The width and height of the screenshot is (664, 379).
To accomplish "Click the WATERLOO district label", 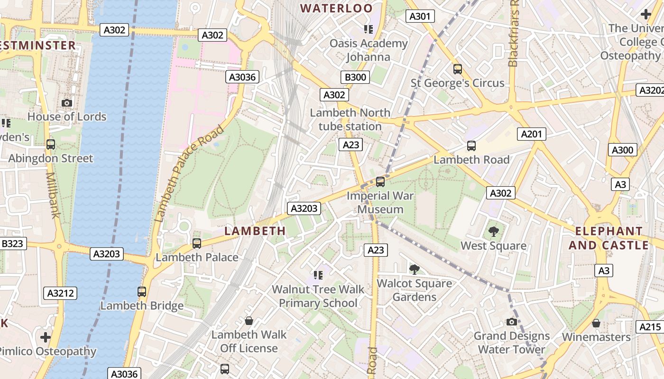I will click(337, 8).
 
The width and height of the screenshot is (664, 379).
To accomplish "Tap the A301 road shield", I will click(420, 17).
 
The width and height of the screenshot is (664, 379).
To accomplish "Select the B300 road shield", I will click(355, 77).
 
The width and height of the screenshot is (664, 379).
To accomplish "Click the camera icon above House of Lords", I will click(67, 103).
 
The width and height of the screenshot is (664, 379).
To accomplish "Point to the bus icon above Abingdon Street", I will click(51, 144).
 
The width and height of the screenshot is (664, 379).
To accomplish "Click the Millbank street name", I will click(53, 195).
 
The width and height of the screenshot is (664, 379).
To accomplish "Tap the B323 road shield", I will click(12, 244).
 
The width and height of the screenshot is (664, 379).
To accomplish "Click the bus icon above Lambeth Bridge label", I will click(142, 292).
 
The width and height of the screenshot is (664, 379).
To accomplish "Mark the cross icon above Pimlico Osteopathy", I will click(46, 337).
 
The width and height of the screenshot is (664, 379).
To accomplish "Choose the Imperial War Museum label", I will click(380, 202).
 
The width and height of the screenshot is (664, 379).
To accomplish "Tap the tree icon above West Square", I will click(493, 232).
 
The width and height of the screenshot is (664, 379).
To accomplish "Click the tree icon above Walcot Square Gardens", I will click(414, 270).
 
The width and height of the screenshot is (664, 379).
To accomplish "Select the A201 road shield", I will click(531, 134).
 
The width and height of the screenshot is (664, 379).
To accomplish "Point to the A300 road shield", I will click(622, 150).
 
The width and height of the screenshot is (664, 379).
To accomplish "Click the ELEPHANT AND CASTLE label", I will click(609, 238).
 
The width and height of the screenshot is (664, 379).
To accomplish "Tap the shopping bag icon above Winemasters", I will click(596, 323).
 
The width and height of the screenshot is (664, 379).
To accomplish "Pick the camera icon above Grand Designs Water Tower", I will click(511, 322).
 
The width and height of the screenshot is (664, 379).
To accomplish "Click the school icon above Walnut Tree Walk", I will click(318, 275).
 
